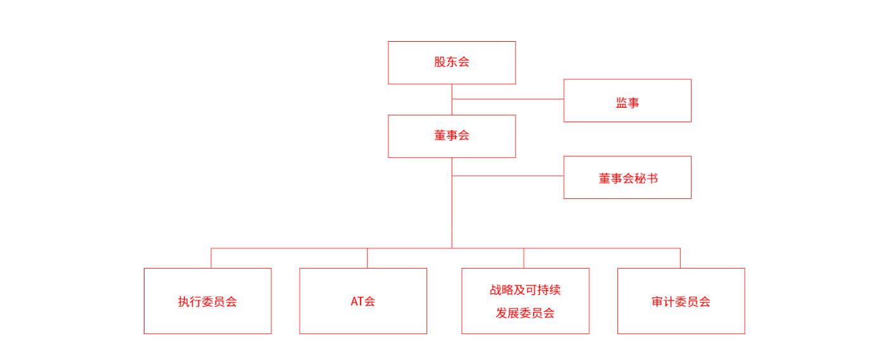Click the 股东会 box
(451, 63)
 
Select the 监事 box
(627, 100)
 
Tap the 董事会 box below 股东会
(451, 136)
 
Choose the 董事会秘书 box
(627, 177)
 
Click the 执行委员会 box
(207, 301)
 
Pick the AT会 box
(363, 301)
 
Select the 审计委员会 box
(681, 301)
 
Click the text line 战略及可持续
(525, 290)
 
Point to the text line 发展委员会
(525, 313)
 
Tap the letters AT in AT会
(357, 301)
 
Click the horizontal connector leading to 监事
(508, 99)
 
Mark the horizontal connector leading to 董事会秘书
(508, 176)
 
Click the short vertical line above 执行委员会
(211, 258)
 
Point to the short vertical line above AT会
(367, 258)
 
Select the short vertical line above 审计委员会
(680, 258)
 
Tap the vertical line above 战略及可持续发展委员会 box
(524, 258)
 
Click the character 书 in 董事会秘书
(652, 178)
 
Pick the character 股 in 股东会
(440, 62)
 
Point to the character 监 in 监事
(621, 103)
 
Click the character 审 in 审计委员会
(657, 302)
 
